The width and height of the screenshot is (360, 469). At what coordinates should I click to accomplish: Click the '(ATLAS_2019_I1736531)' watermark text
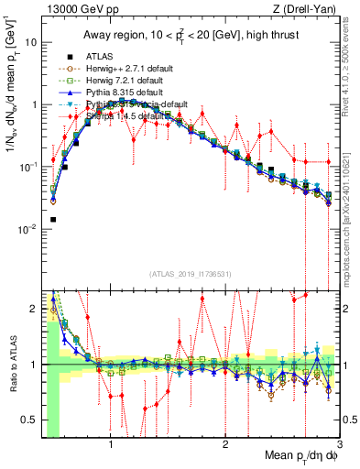(191, 274)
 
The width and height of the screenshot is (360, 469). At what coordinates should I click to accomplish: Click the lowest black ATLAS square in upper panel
(53, 220)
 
